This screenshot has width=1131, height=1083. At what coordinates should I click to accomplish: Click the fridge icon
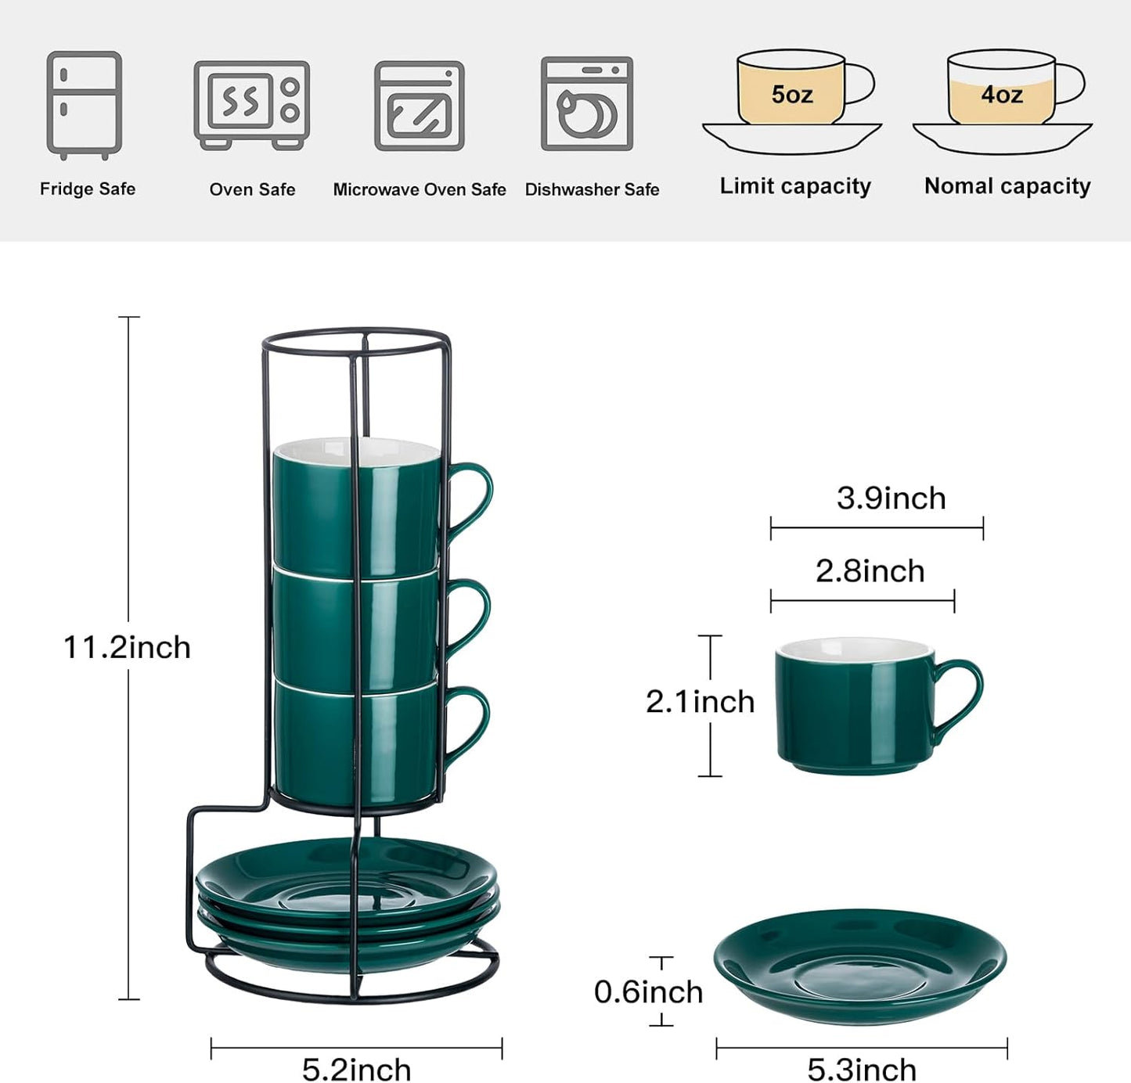click(x=85, y=104)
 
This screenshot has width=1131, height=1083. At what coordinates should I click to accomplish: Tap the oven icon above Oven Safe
click(x=251, y=104)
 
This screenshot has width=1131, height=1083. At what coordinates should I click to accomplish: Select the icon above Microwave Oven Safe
click(x=420, y=106)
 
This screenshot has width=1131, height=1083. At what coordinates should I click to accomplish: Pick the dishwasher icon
click(x=587, y=103)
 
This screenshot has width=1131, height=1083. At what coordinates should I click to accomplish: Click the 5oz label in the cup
click(x=791, y=95)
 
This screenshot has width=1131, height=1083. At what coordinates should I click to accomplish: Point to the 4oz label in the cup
click(x=1002, y=95)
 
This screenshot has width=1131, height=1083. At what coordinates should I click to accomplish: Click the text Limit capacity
click(x=795, y=186)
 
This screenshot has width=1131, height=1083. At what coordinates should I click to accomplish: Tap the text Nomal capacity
click(x=1007, y=186)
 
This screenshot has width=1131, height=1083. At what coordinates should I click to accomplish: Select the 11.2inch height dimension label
click(x=127, y=647)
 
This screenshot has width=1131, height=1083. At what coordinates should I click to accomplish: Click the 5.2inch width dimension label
click(x=356, y=1069)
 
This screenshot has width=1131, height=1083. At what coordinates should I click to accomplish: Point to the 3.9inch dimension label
click(x=891, y=498)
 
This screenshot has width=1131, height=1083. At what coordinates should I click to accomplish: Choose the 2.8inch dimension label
click(x=870, y=570)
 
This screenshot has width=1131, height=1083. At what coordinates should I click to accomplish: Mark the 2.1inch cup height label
click(x=700, y=701)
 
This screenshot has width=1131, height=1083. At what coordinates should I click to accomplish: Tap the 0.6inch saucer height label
click(x=648, y=991)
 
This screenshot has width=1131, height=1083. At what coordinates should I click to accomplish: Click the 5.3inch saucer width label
click(x=862, y=1069)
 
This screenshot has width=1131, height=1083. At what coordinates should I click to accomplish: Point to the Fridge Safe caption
click(x=88, y=189)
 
